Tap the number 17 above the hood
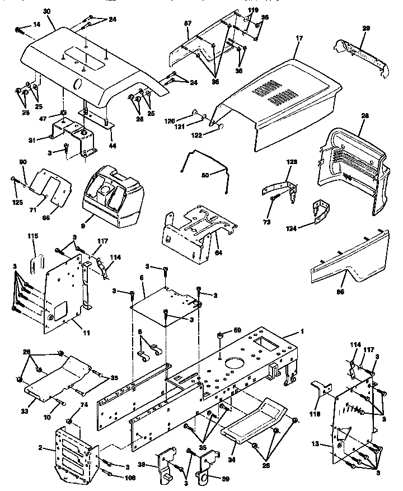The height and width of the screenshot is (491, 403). (x=299, y=38)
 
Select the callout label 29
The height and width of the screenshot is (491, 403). (x=366, y=28)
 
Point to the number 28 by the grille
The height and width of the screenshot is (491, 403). (x=365, y=116)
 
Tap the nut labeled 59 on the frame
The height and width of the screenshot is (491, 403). (x=221, y=335)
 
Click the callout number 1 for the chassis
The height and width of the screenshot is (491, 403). (x=302, y=331)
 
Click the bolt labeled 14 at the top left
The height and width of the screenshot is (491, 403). (x=19, y=29)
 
